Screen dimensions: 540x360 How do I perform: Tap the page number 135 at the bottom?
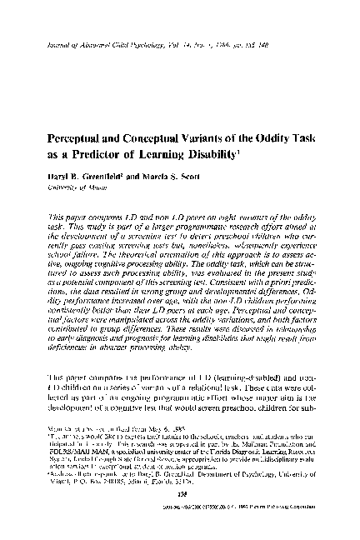pos(179,514)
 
